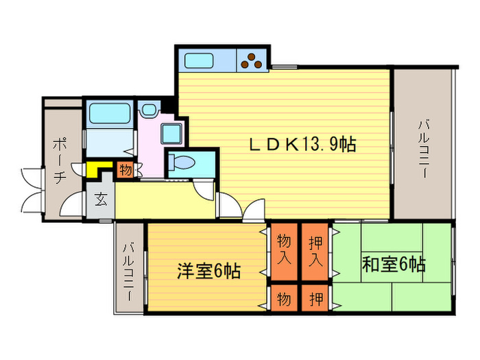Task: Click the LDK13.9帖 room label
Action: click(x=302, y=145)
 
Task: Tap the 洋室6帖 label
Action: click(x=208, y=271)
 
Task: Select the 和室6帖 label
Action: click(x=394, y=264)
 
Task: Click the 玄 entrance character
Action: click(x=101, y=200)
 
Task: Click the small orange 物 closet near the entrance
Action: click(x=125, y=168)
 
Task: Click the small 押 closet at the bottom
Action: click(x=315, y=298)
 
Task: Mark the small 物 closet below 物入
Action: click(x=284, y=298)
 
